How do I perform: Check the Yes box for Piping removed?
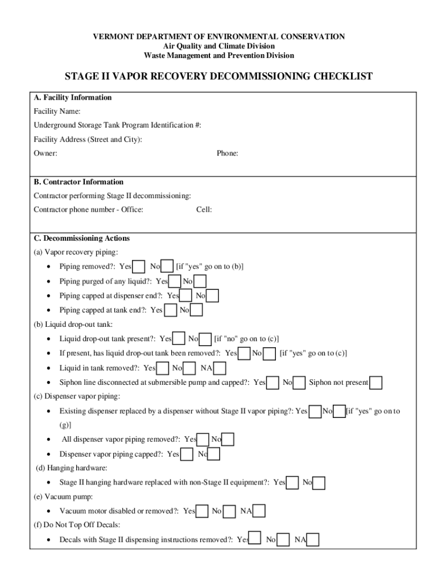coord(138,266)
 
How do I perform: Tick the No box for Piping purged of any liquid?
coord(200,281)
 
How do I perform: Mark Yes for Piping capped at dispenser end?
coord(185,296)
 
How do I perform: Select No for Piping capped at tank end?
coord(196,310)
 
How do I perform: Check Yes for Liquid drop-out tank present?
coord(179,339)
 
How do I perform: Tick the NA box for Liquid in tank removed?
coord(219,368)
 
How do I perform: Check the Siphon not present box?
coord(375,383)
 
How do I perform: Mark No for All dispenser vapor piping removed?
coord(228,440)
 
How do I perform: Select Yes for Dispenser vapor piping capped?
coord(186,454)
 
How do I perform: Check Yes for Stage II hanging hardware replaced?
coord(292,483)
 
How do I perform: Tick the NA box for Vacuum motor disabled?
coord(259,511)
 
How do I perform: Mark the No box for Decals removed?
coord(283,540)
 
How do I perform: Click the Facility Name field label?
coord(57,112)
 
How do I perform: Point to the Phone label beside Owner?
coord(228,154)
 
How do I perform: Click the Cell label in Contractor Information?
coord(204,210)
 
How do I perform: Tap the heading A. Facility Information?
coord(73,98)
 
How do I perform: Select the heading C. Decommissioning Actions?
coord(82,239)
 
